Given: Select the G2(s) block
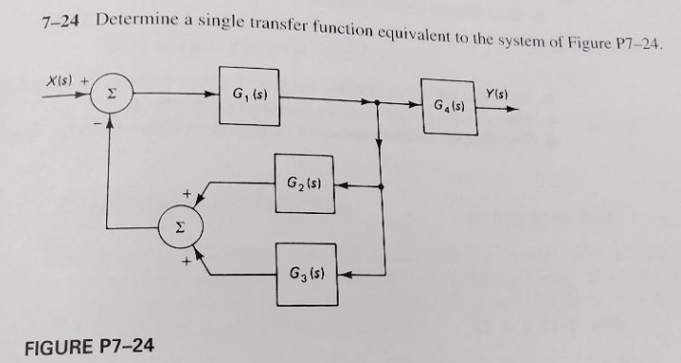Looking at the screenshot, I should (x=303, y=181).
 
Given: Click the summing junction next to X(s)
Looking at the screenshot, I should (x=109, y=94).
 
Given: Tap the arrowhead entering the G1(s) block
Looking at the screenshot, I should (x=214, y=94).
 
